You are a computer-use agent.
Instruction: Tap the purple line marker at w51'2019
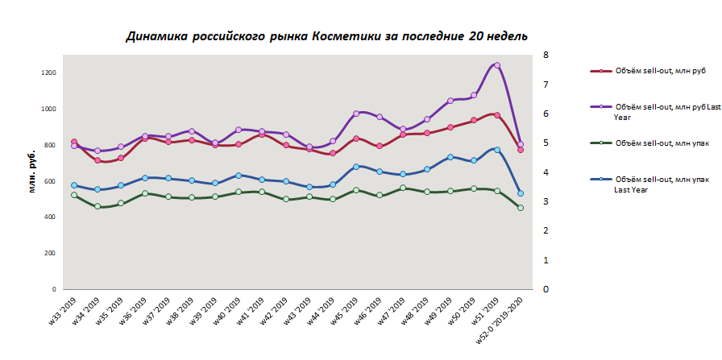click(x=497, y=65)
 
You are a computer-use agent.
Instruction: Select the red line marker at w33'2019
click(x=74, y=143)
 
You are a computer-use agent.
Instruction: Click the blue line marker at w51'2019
click(x=497, y=150)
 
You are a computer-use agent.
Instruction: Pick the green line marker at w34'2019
click(x=98, y=206)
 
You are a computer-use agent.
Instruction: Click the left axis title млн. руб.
click(x=32, y=172)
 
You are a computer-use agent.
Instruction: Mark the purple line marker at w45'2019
click(x=356, y=114)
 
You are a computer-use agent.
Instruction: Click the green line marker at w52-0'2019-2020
click(x=521, y=208)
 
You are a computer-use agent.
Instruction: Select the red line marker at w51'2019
click(x=497, y=115)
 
